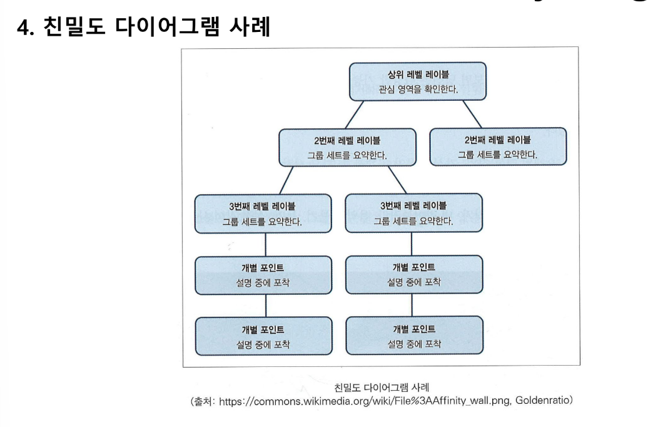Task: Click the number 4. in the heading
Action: click(25, 28)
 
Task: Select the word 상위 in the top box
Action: click(381, 75)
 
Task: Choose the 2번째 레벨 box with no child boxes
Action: click(497, 147)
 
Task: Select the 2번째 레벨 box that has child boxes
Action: click(347, 147)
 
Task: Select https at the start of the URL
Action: click(230, 400)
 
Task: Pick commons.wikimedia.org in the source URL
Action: click(301, 400)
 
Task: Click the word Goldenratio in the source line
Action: click(544, 400)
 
